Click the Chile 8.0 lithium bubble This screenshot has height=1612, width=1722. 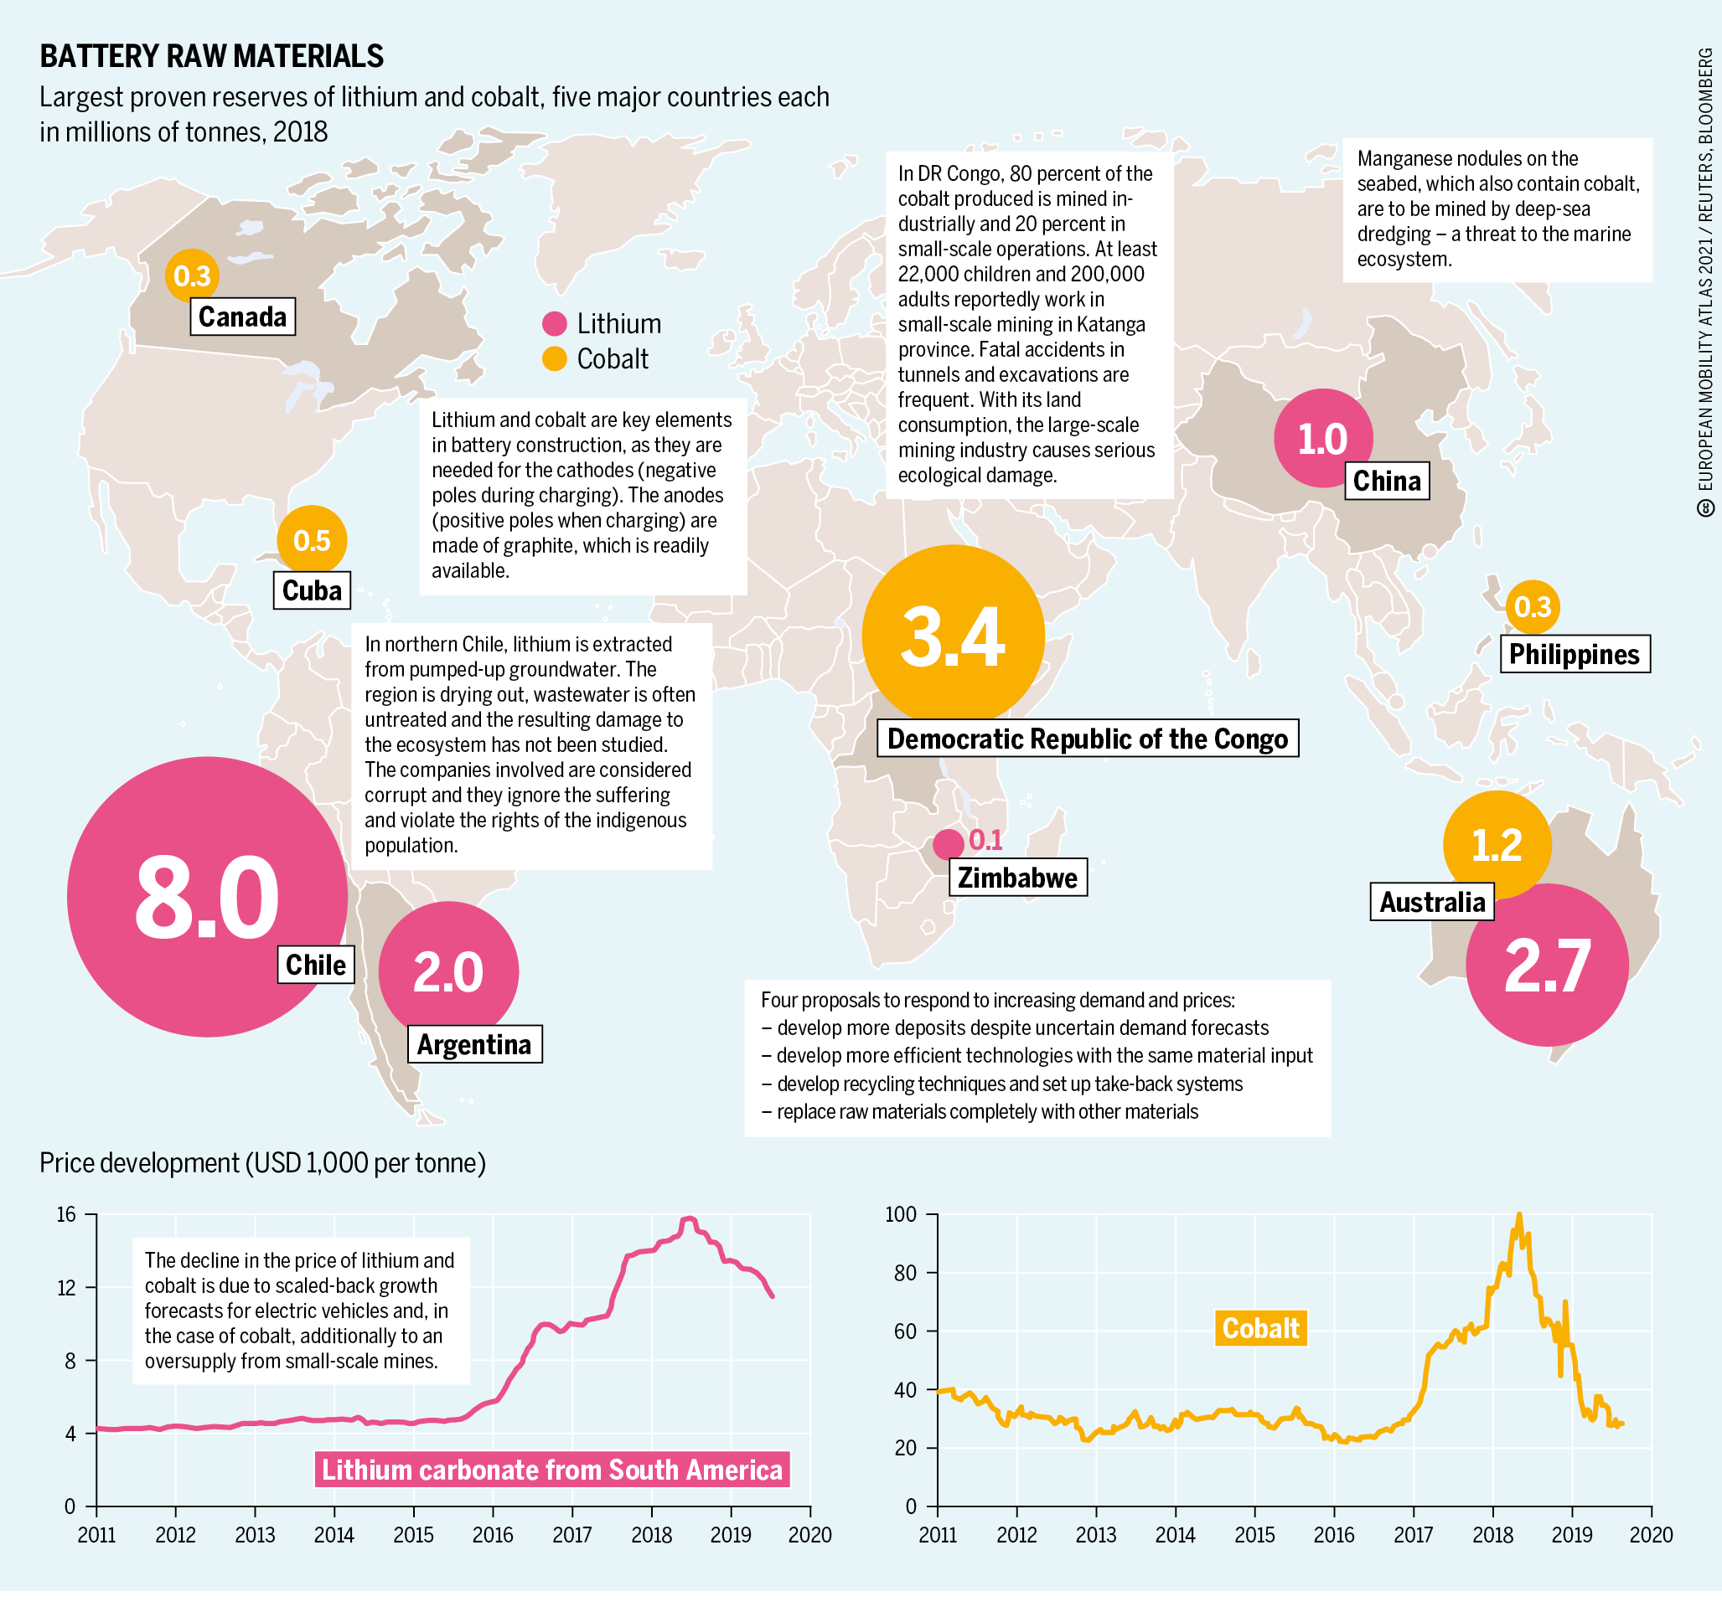[x=206, y=897]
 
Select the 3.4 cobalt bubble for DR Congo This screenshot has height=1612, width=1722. [x=953, y=636]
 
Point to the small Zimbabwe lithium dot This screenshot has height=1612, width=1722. [x=948, y=843]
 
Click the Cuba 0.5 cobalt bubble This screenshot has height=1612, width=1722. [x=312, y=540]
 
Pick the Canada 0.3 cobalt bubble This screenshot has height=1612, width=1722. [x=191, y=276]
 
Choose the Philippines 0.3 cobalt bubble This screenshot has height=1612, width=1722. [x=1533, y=607]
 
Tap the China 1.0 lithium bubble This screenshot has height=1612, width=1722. [x=1322, y=438]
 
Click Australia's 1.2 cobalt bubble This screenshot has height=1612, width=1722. [x=1496, y=844]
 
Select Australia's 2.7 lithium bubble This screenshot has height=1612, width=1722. [x=1547, y=965]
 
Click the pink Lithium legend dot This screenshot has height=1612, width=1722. [x=555, y=324]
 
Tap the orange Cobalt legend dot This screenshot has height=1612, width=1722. [x=555, y=358]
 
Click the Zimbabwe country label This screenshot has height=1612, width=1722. [x=1018, y=878]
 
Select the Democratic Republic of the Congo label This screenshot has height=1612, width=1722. [x=1087, y=739]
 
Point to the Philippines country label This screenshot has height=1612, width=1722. [x=1574, y=654]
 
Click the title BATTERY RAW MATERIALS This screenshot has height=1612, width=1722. [x=211, y=56]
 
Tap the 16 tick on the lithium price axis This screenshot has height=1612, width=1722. [x=67, y=1214]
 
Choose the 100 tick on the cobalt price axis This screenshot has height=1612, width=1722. [x=900, y=1214]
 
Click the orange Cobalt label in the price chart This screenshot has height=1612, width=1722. [x=1260, y=1328]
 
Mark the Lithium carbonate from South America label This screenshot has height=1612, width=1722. [x=551, y=1470]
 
